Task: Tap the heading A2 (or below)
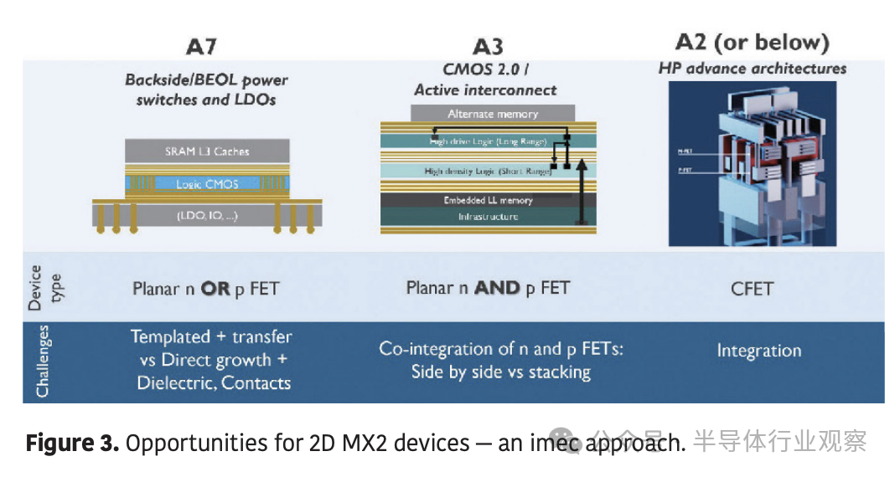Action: (x=752, y=42)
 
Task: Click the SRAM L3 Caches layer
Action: (x=206, y=151)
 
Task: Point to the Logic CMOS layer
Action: (x=206, y=184)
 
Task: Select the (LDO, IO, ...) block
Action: (x=206, y=216)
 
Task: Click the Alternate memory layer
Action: (x=493, y=114)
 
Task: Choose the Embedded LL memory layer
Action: (x=488, y=201)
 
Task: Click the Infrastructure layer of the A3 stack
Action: (x=488, y=217)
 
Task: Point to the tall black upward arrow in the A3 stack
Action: (x=578, y=192)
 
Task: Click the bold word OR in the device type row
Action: (x=215, y=289)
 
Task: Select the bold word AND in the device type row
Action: (x=497, y=288)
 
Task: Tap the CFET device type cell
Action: (x=752, y=289)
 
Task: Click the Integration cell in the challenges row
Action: (x=758, y=351)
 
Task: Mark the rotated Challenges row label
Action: (x=42, y=362)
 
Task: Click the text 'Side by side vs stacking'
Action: (x=500, y=372)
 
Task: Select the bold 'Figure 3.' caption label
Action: (x=72, y=443)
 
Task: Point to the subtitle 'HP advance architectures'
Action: (x=752, y=69)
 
